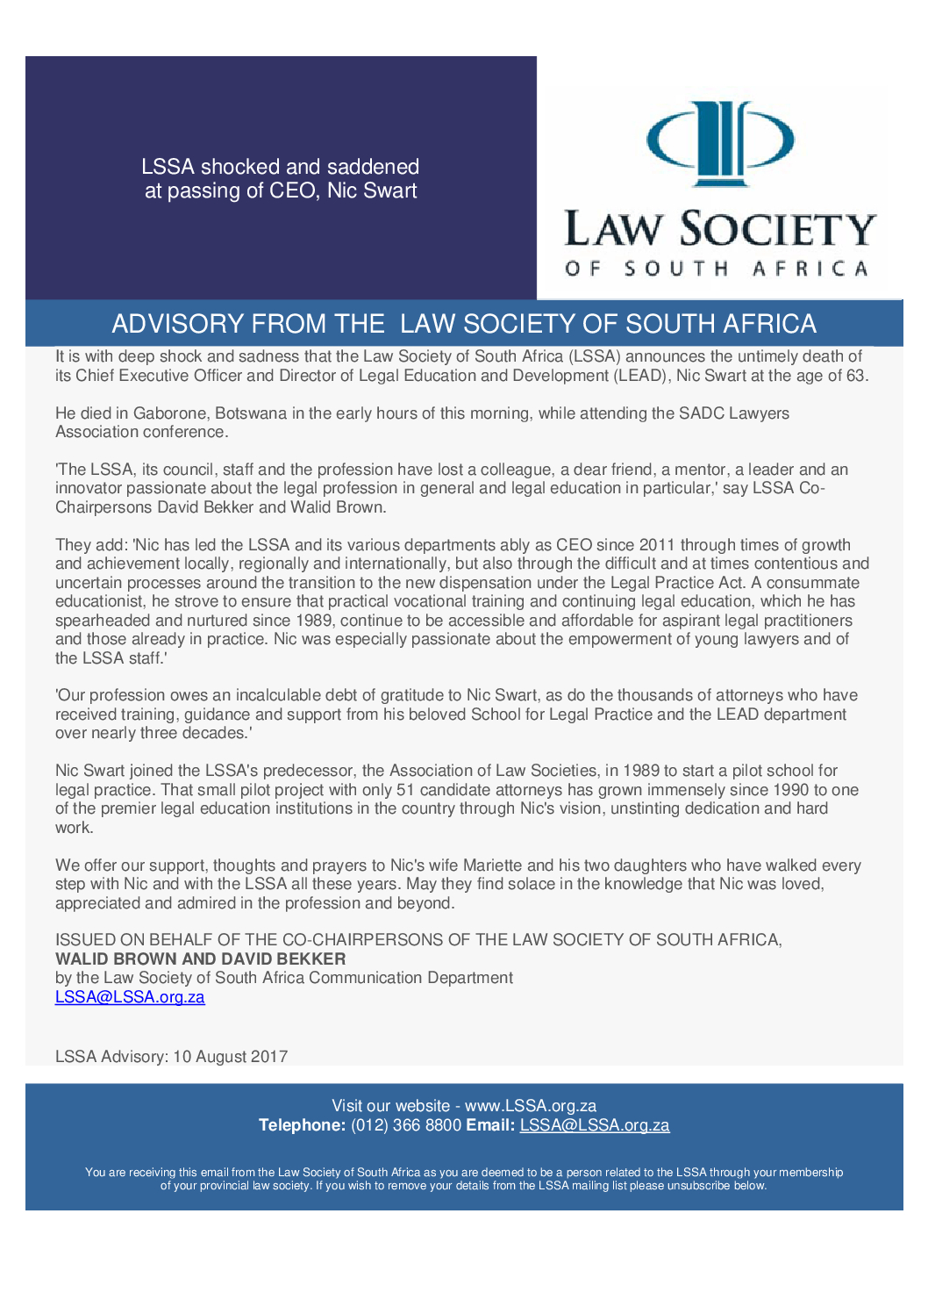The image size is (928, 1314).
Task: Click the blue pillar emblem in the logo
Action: click(x=720, y=144)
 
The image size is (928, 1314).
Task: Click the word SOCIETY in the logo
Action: click(x=778, y=230)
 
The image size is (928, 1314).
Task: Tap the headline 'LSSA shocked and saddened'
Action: click(x=280, y=167)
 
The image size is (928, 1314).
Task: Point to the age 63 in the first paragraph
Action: click(x=855, y=376)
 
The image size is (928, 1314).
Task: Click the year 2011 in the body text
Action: click(x=657, y=545)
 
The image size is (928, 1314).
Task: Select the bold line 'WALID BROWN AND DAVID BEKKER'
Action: click(x=201, y=959)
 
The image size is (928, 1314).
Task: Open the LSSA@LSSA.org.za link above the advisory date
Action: click(x=130, y=997)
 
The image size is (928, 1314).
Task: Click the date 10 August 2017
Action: click(x=230, y=1057)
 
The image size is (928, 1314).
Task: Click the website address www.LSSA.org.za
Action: click(x=531, y=1106)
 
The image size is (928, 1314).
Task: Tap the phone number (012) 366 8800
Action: click(x=406, y=1125)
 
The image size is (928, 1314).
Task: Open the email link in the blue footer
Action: click(x=595, y=1125)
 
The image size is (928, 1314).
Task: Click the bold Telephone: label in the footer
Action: click(x=302, y=1125)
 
